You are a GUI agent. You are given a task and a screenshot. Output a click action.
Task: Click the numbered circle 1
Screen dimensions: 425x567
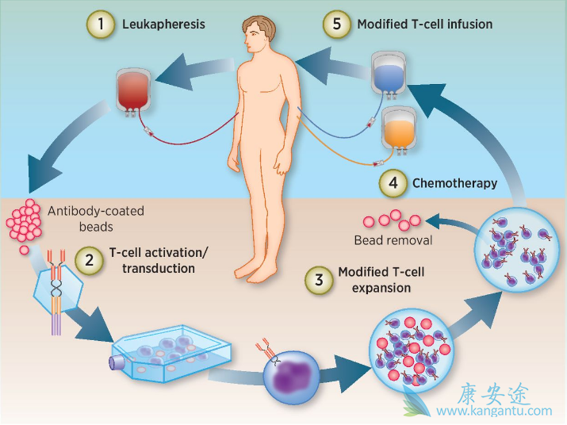[x=100, y=24]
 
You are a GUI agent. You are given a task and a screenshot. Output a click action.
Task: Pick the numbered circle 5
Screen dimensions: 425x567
[x=337, y=24]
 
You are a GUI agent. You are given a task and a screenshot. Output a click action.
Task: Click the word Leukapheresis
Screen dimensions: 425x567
[x=163, y=25]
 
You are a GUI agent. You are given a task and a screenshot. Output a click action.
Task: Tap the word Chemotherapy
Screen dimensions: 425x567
[x=454, y=183]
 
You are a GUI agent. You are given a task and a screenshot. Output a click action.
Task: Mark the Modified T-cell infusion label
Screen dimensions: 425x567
[x=424, y=25]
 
